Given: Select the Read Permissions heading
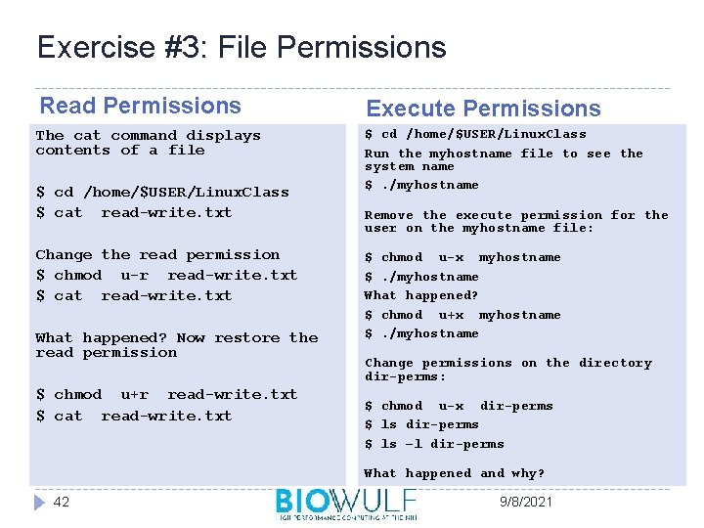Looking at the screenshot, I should (x=140, y=106).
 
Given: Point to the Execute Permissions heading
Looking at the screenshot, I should (x=483, y=109).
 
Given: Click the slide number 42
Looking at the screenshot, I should (x=62, y=502).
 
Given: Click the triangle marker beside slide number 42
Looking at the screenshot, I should (x=38, y=502).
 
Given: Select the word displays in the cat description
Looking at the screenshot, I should (x=224, y=136).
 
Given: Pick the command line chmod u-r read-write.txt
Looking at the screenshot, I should (x=166, y=275).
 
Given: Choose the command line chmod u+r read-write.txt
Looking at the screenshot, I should (x=166, y=394).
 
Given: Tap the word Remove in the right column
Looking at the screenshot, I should (x=389, y=215).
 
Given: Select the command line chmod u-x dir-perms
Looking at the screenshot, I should (x=459, y=406).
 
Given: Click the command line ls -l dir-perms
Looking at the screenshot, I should (x=434, y=444).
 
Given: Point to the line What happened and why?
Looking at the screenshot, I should (x=454, y=473).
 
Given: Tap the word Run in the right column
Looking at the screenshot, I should (x=376, y=154).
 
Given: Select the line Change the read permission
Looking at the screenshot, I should (x=157, y=254).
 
